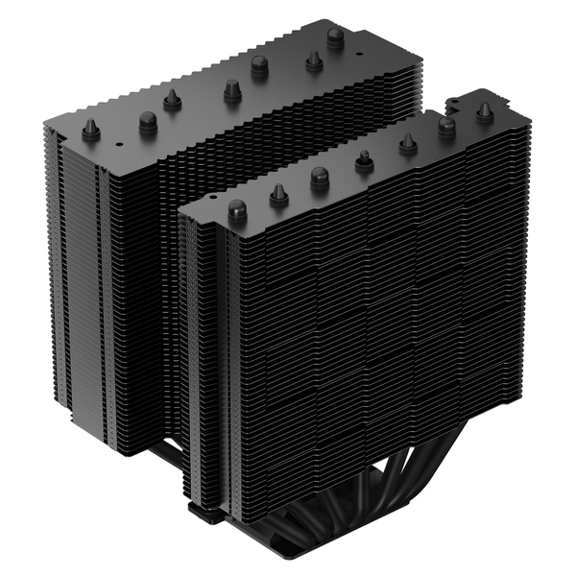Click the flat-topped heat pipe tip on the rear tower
point(230,90)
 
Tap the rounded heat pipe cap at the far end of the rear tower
point(335,36)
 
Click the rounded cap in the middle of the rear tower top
point(259,65)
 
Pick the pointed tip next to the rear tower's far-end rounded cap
point(313,60)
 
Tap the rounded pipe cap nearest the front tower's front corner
point(237,207)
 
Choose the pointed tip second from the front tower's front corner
point(278,195)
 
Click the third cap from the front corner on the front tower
point(320,177)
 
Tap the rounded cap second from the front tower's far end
point(446,125)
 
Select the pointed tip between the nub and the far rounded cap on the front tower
point(407,142)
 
